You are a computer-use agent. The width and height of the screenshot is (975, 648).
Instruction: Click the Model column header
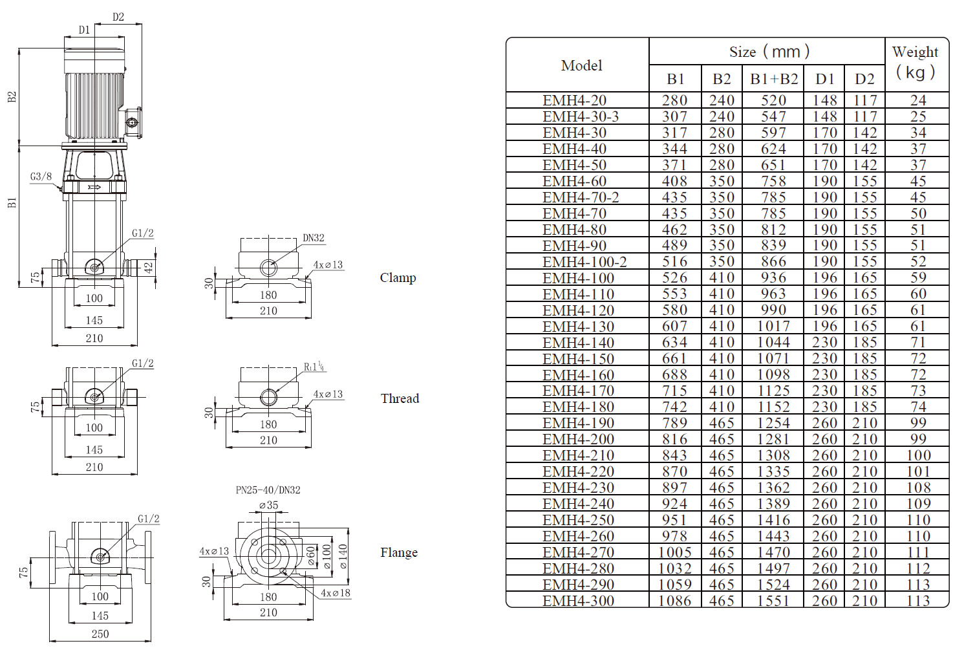pyautogui.click(x=581, y=65)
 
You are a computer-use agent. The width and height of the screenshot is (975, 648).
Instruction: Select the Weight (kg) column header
pyautogui.click(x=916, y=62)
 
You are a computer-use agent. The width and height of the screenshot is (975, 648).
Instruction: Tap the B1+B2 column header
pyautogui.click(x=773, y=79)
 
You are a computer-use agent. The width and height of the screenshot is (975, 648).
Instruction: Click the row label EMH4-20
pyautogui.click(x=574, y=100)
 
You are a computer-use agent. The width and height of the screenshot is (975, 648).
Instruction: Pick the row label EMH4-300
pyautogui.click(x=578, y=601)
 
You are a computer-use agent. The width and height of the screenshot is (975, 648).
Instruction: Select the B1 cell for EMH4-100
pyautogui.click(x=674, y=278)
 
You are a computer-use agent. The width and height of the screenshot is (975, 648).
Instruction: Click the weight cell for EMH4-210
pyautogui.click(x=918, y=455)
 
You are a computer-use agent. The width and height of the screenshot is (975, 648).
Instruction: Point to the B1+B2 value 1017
pyautogui.click(x=773, y=327)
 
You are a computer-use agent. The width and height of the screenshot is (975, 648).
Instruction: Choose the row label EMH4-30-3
pyautogui.click(x=580, y=116)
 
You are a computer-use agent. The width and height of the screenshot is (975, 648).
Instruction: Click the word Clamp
pyautogui.click(x=398, y=277)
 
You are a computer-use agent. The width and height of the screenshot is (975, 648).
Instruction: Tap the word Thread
pyautogui.click(x=400, y=398)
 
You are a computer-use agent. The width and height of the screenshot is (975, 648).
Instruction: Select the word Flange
pyautogui.click(x=399, y=552)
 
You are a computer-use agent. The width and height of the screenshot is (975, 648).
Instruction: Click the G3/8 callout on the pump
pyautogui.click(x=41, y=177)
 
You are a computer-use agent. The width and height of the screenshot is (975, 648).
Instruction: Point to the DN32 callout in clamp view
pyautogui.click(x=314, y=238)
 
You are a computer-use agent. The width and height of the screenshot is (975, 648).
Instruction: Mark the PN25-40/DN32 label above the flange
pyautogui.click(x=268, y=490)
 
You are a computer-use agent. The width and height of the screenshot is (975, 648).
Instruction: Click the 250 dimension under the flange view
pyautogui.click(x=100, y=634)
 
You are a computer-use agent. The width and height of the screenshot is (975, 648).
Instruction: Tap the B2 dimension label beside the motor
pyautogui.click(x=12, y=97)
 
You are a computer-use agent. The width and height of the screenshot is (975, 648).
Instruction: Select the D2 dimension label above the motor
pyautogui.click(x=118, y=17)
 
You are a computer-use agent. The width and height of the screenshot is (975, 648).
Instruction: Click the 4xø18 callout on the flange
pyautogui.click(x=336, y=593)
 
